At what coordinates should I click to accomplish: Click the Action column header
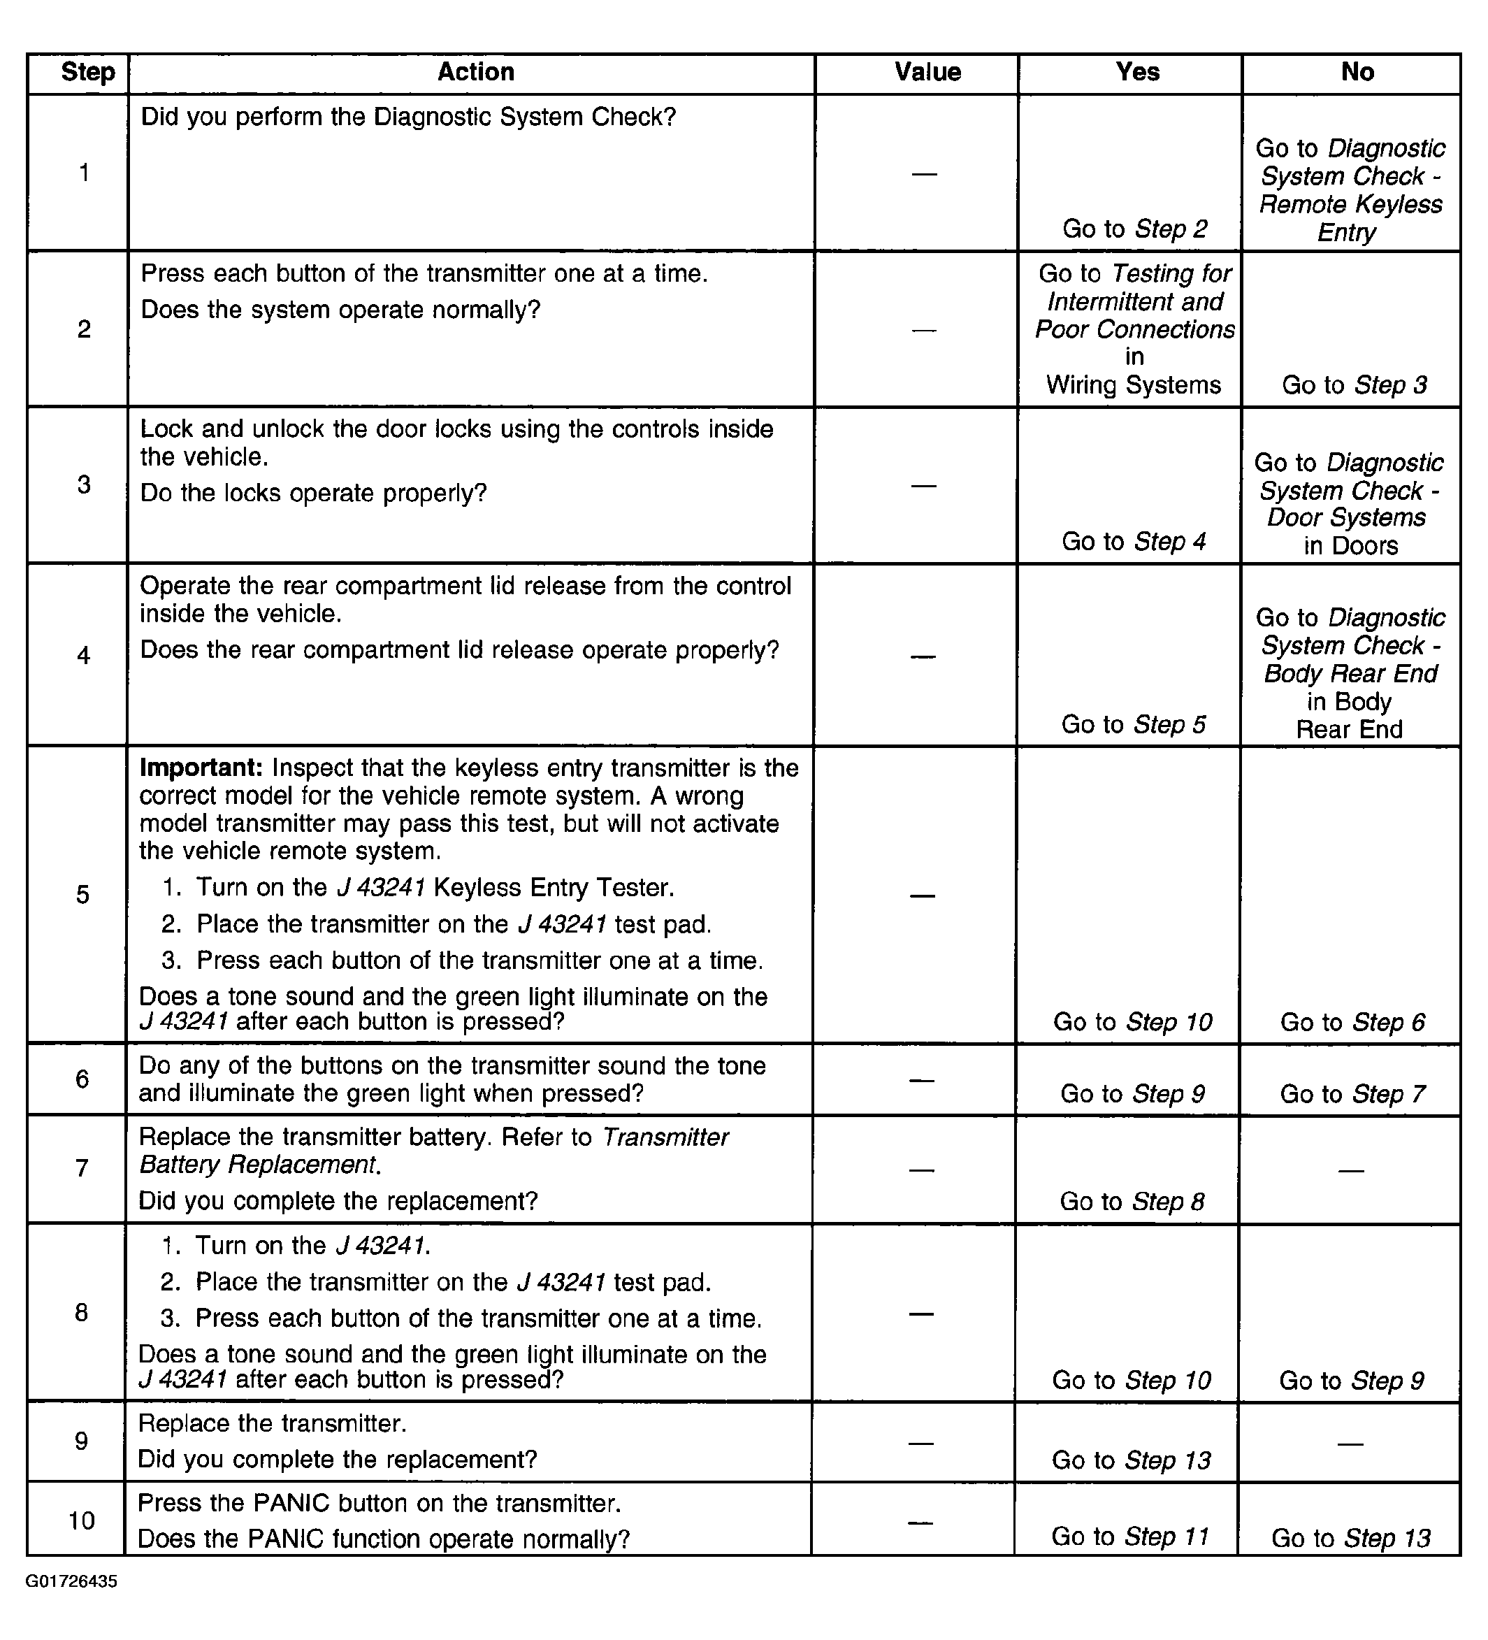476,73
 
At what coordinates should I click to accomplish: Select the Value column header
927,73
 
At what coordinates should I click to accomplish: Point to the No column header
1357,73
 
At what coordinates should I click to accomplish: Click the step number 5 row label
83,895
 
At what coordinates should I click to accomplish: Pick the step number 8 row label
81,1312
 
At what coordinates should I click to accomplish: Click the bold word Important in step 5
200,768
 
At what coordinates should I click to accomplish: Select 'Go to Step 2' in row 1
1134,229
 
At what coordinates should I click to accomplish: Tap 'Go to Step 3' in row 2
1354,384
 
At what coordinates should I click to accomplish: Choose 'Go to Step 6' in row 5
1352,1022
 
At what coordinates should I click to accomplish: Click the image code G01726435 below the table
71,1581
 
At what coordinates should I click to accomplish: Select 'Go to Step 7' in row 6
1352,1093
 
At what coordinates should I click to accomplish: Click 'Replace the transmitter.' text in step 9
273,1423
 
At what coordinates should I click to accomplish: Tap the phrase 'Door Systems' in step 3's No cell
1347,517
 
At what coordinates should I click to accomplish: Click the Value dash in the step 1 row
925,173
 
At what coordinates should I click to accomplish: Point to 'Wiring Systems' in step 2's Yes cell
1134,384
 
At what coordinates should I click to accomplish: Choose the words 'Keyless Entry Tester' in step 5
554,888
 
